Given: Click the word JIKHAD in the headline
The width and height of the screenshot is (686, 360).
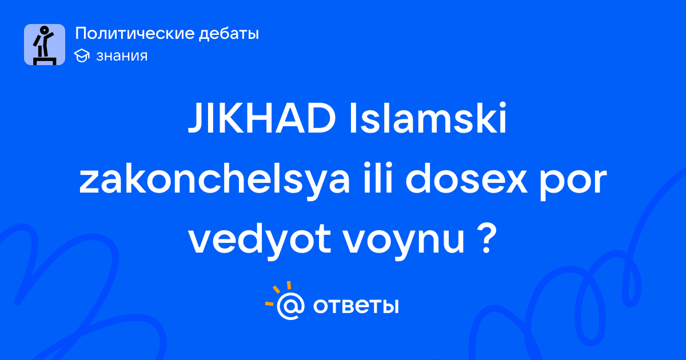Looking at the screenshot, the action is click(x=262, y=118).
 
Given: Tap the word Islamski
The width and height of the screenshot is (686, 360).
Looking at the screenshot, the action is click(x=428, y=118).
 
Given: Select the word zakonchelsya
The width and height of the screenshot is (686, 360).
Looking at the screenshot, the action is click(x=214, y=180).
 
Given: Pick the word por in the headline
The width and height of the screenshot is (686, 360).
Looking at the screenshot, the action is click(x=573, y=183).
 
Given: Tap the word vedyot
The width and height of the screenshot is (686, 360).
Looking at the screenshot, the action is click(x=260, y=241).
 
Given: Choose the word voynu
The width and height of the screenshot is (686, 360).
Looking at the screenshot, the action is click(x=404, y=243).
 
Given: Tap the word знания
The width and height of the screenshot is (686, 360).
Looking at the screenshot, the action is click(x=122, y=56).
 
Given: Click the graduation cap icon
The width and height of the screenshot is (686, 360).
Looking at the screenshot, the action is click(x=82, y=56).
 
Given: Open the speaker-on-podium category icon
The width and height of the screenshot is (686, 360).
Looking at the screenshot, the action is click(x=45, y=45).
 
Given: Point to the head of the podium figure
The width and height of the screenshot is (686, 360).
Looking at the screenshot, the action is click(x=45, y=30).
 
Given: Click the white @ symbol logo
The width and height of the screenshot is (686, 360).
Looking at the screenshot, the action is click(x=290, y=306).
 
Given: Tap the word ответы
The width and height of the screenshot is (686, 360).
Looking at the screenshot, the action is click(x=356, y=306).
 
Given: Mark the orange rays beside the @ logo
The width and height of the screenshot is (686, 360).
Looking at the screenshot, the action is click(x=277, y=293).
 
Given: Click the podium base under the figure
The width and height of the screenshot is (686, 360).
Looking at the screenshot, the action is click(x=45, y=61).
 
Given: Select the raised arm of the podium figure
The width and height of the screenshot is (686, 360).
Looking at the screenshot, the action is click(x=49, y=35).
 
